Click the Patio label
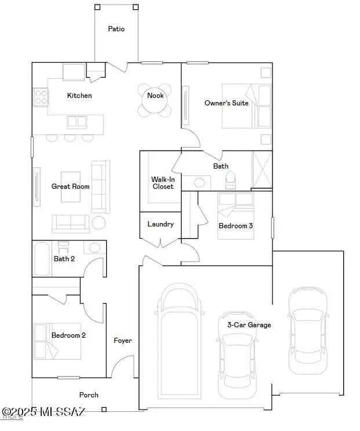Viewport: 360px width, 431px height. [x=116, y=28]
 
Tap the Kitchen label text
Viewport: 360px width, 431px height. [x=79, y=96]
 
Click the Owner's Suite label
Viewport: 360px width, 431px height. [x=226, y=103]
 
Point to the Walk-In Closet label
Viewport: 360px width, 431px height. [x=163, y=183]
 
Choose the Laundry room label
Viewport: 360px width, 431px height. [x=161, y=224]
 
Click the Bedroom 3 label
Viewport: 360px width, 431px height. [x=235, y=226]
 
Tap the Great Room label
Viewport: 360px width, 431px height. [x=70, y=187]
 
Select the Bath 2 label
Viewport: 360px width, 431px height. [x=64, y=259]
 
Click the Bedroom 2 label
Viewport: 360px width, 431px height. [x=68, y=335]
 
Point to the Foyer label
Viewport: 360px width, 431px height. [x=122, y=341]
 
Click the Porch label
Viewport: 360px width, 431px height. [x=89, y=395]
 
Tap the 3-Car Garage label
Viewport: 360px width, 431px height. [x=249, y=325]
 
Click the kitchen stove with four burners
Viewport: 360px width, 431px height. [x=41, y=96]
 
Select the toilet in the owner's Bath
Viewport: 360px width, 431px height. [x=231, y=181]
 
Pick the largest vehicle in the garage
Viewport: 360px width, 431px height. [x=181, y=342]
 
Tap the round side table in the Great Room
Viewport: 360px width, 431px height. [x=99, y=223]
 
